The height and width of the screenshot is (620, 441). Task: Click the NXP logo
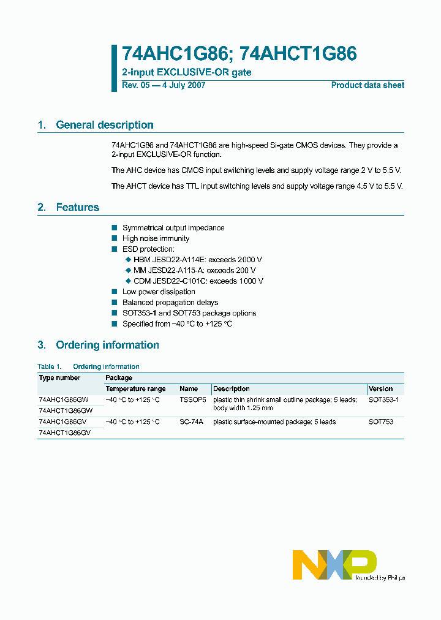tap(334, 564)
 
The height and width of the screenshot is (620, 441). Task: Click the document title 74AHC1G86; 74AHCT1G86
tap(239, 55)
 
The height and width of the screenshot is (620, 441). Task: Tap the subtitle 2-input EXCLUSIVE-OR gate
tap(186, 72)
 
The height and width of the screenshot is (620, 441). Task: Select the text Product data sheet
tap(367, 85)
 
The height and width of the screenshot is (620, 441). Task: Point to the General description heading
tap(104, 125)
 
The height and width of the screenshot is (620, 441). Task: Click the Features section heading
tap(77, 207)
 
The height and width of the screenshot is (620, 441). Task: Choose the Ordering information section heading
tap(107, 345)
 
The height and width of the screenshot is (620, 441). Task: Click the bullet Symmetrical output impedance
tap(173, 228)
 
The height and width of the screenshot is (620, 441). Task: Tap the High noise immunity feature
tap(156, 238)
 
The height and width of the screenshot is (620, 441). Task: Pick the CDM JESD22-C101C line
tap(198, 281)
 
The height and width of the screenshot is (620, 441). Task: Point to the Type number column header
tap(60, 378)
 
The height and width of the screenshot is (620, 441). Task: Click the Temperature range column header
tap(135, 389)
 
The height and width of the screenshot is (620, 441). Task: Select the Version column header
tap(381, 389)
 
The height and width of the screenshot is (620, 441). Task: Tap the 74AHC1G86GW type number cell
tap(65, 399)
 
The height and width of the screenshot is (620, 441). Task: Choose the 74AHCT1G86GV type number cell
tap(64, 433)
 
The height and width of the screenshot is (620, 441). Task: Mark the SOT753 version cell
tap(381, 422)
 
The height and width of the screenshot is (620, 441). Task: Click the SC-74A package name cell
tap(191, 422)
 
